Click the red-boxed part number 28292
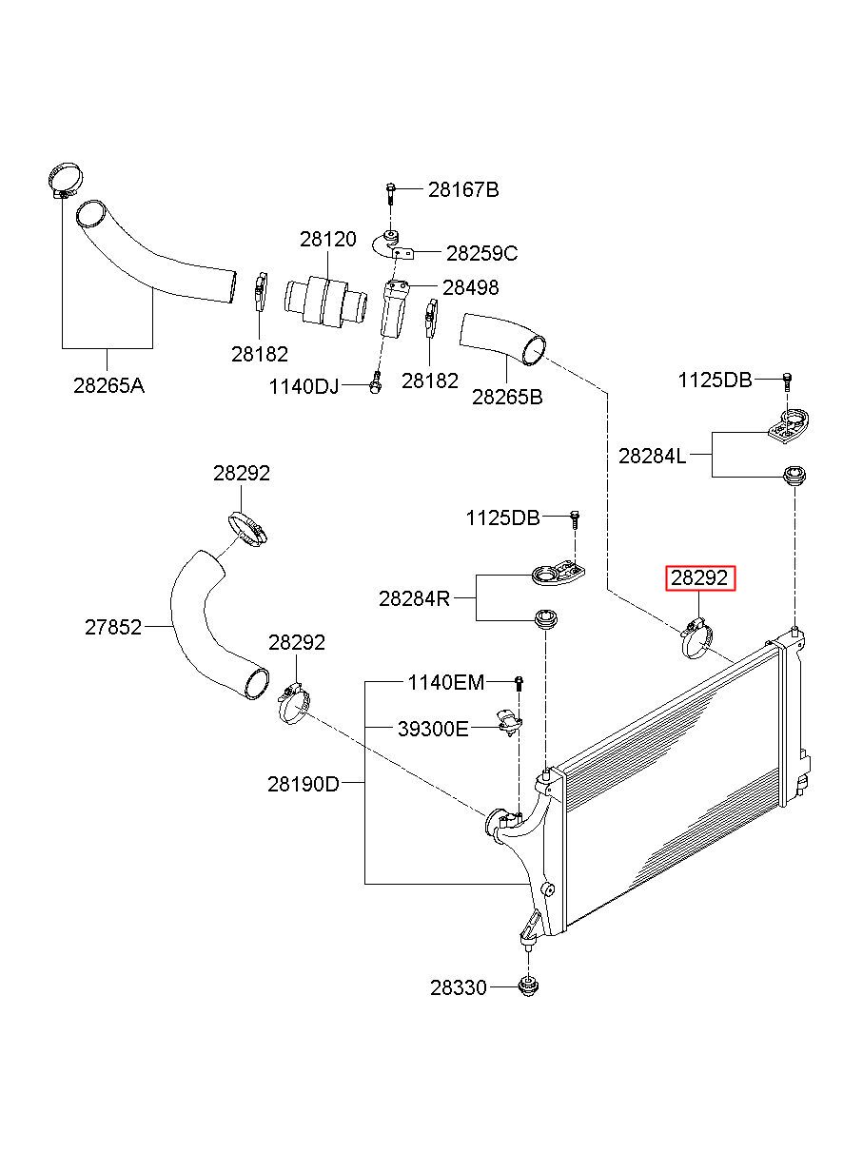point(700,577)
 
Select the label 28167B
point(462,189)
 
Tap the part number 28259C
point(481,253)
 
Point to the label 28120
point(328,239)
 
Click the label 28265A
point(108,386)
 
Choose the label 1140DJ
point(304,386)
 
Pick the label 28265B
point(507,397)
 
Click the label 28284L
point(652,456)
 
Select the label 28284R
point(414,598)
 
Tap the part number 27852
point(113,627)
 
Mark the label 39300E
point(433,729)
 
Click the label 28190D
point(304,784)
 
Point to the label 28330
point(458,988)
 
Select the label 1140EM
point(446,682)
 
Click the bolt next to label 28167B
point(390,192)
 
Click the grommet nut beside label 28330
point(525,987)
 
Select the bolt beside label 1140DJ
point(375,385)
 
